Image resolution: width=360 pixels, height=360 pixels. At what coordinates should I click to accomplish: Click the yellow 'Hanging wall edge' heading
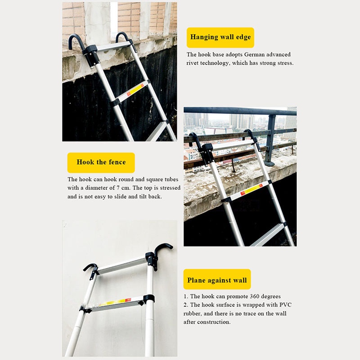220,37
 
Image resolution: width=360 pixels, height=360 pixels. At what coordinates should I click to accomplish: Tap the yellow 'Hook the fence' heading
101,162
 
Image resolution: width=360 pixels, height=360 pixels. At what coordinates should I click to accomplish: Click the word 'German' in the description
254,54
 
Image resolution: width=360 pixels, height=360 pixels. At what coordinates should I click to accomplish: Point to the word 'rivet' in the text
193,63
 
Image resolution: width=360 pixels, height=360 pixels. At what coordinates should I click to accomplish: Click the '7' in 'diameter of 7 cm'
118,188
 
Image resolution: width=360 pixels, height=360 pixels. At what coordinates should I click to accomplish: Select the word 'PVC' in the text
285,305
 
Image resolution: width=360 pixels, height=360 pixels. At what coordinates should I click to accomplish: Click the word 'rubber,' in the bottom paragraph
193,314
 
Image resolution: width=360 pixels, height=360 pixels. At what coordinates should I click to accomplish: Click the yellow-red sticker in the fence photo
252,189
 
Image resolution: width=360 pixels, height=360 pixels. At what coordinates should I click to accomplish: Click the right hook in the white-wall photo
163,248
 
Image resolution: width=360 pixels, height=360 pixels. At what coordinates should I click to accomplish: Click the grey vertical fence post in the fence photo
271,140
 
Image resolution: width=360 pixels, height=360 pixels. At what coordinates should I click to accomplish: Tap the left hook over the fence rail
194,138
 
